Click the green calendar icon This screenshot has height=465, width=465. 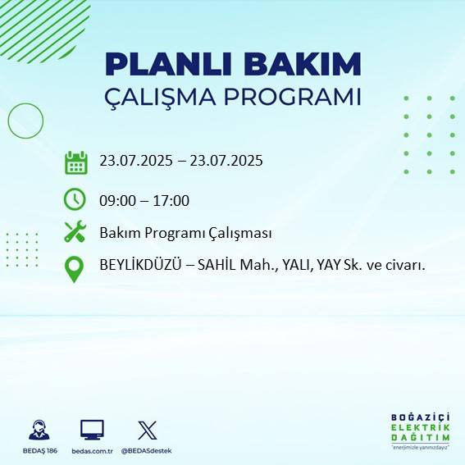pos(75,162)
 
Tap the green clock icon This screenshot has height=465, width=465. pos(75,199)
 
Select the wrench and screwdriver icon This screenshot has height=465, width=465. pos(75,232)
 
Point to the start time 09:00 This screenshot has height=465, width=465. pos(117,201)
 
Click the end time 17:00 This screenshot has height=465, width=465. pos(171,201)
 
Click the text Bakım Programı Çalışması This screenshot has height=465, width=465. pos(185,233)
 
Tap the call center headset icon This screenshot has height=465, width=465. pos(39,431)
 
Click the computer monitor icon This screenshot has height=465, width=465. pos(92,430)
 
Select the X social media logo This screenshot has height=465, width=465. pos(148,430)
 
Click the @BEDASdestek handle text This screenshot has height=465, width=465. pos(148,451)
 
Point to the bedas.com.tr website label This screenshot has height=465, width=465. pos(92,451)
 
